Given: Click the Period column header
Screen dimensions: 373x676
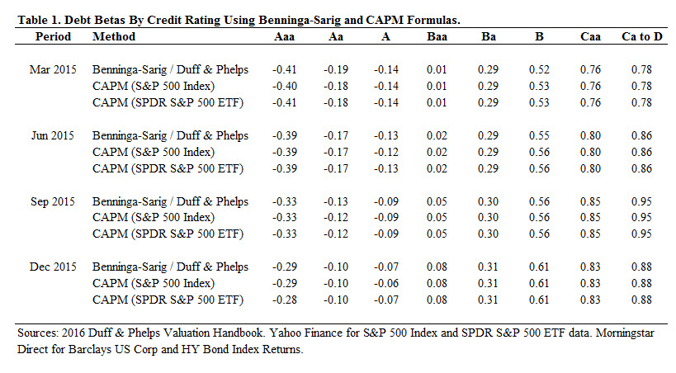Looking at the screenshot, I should (54, 36).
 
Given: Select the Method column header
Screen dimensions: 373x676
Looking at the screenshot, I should (114, 36).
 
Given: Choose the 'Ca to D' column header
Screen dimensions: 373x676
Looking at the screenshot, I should (635, 36).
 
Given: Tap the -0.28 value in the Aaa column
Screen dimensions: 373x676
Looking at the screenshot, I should (283, 299).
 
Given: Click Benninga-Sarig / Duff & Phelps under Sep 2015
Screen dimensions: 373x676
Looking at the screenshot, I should (170, 201).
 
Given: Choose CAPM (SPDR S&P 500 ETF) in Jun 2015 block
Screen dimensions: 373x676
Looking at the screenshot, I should (168, 167).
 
